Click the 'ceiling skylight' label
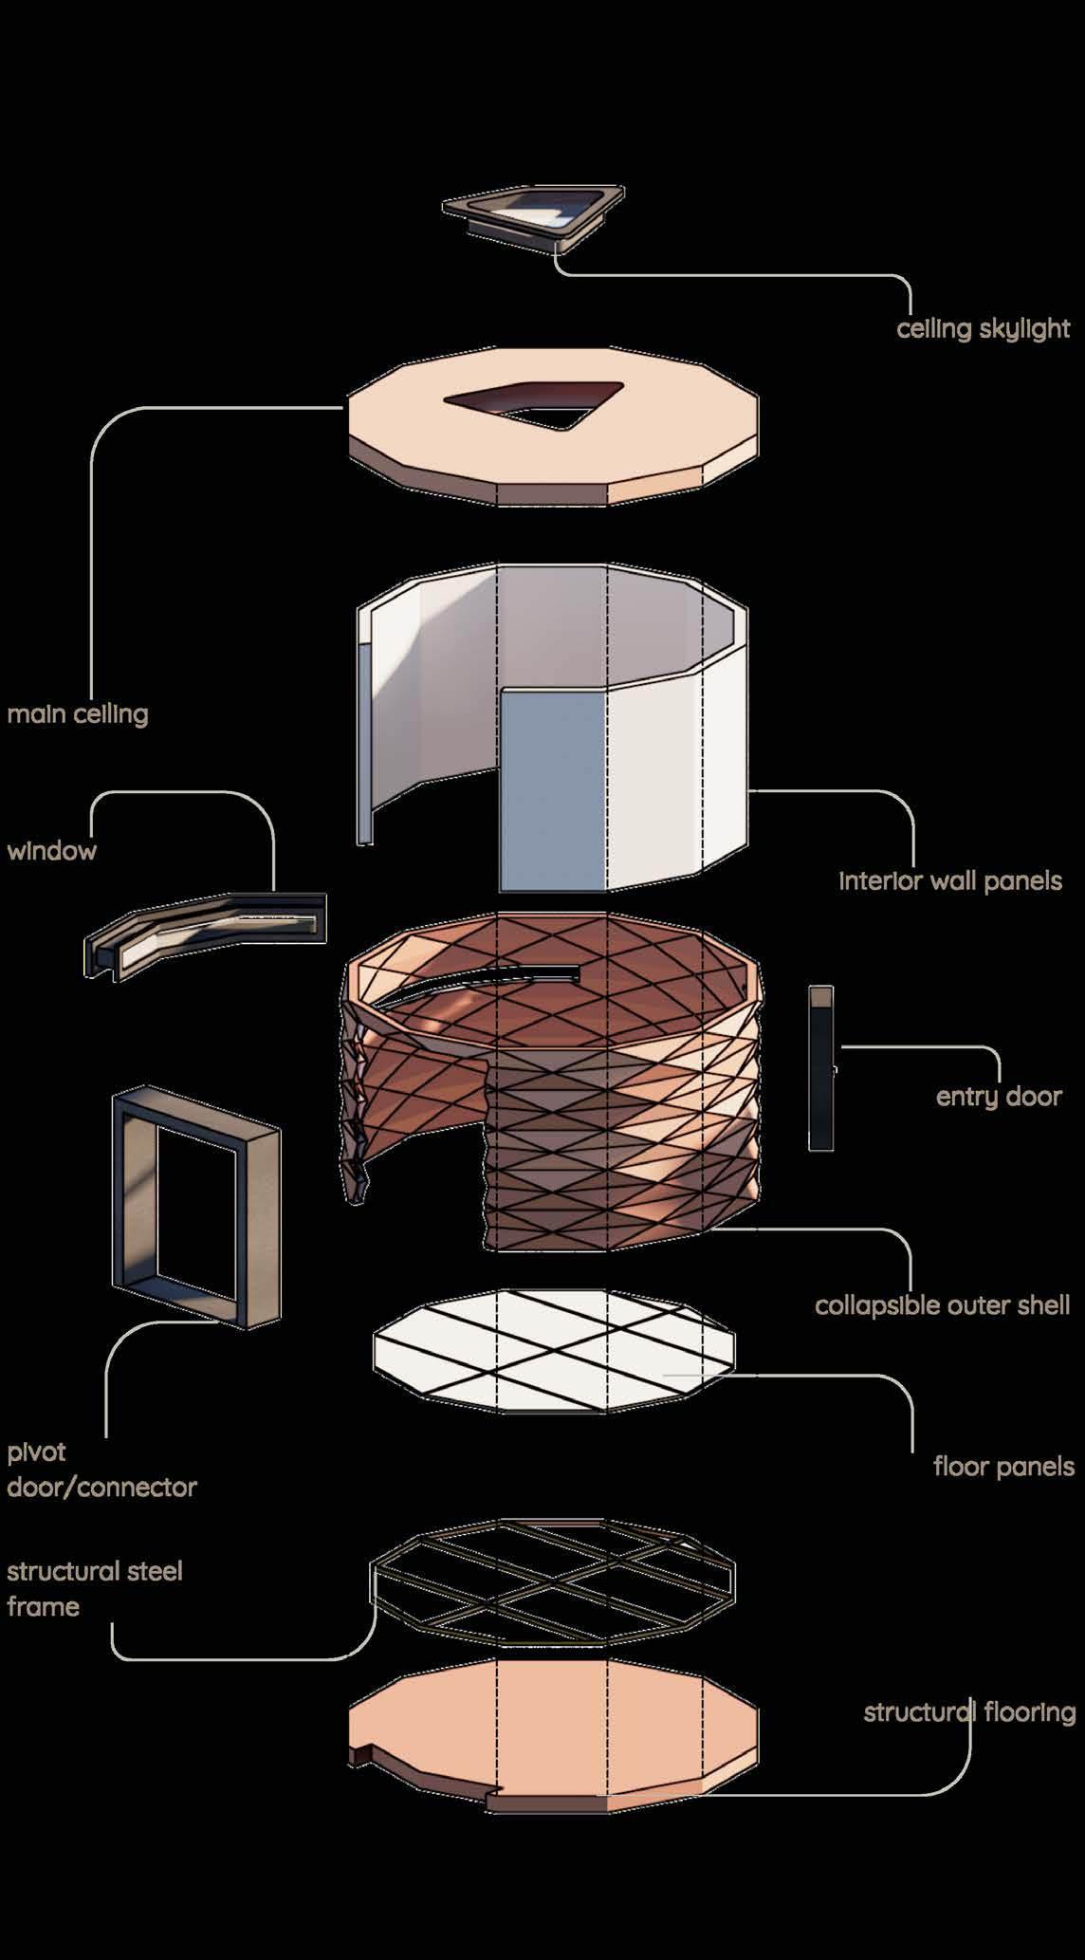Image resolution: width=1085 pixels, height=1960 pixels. pos(983,329)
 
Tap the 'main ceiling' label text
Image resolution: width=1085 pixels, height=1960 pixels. pos(78,713)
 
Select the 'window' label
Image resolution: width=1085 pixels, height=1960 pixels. pos(52,850)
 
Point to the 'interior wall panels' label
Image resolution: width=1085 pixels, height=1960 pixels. pos(950,880)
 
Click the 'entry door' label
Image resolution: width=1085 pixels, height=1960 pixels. pos(999,1097)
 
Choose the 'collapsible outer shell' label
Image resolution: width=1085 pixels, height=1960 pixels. pos(943,1305)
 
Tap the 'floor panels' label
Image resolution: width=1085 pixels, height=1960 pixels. pos(1003,1467)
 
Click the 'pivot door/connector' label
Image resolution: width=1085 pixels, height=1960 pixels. pos(102,1470)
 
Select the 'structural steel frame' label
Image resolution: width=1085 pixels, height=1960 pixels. pos(95,1588)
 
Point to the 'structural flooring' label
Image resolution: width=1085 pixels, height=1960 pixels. pos(969,1712)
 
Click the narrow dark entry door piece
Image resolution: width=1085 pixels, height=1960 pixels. pos(821,1068)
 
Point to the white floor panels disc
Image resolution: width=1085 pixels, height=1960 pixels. pos(555,1351)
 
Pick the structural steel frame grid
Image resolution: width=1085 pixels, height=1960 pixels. pos(553,1582)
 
